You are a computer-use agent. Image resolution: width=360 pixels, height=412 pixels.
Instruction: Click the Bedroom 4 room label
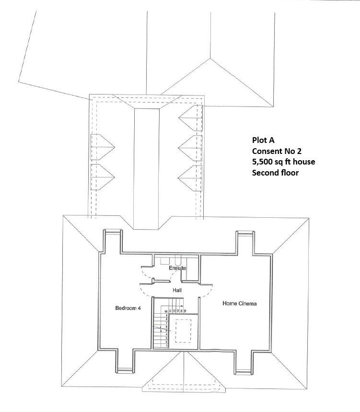(128, 308)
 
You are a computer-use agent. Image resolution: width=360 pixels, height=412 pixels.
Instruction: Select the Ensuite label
(177, 268)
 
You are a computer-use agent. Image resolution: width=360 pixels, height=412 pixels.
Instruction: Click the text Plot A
(264, 141)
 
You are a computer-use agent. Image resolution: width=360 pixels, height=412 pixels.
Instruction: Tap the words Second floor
(275, 172)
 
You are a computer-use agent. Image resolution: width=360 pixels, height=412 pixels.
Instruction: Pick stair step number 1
(166, 345)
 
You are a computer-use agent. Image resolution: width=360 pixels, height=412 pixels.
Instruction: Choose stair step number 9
(166, 315)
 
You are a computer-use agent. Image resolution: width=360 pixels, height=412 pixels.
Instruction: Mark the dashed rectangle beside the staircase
(182, 330)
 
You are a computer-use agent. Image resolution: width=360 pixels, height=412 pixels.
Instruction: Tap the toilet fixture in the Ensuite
(165, 261)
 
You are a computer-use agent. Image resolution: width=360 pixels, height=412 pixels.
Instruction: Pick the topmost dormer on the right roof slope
(190, 118)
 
